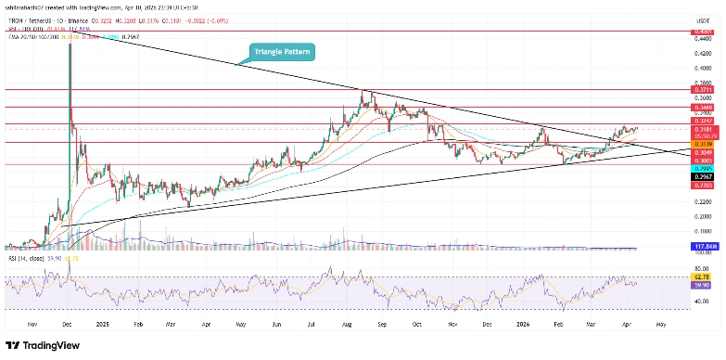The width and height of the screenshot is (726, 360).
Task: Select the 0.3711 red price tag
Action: [705, 91]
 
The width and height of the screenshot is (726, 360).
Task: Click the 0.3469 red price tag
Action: [705, 108]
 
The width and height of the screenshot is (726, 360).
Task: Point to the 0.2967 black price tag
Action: [705, 176]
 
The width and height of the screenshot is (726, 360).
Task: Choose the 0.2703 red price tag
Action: [705, 186]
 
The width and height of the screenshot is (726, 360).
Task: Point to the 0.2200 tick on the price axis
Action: [705, 201]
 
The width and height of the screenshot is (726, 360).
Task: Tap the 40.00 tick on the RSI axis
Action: [705, 302]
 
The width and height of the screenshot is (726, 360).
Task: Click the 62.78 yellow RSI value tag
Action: [705, 276]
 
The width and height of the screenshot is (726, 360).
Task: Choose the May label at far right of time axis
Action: [661, 326]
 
